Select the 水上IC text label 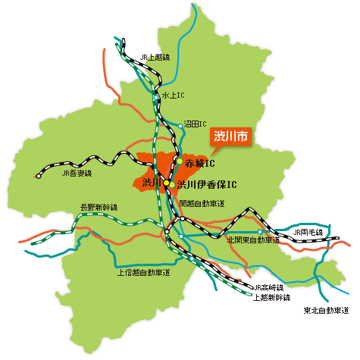coord(173,95)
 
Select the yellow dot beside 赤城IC coord(179,161)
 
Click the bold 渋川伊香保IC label coord(207,184)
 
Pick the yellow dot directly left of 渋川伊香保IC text coord(171,184)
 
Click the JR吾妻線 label coord(76,174)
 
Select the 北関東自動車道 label coord(253,240)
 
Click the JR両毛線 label coord(308,232)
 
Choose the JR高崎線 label coord(268,287)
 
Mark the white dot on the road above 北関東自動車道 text coord(259,232)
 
